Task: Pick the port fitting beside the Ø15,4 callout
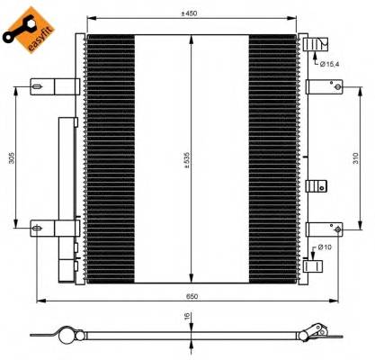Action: pyautogui.click(x=310, y=44)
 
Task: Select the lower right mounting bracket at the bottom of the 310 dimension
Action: pyautogui.click(x=322, y=229)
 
